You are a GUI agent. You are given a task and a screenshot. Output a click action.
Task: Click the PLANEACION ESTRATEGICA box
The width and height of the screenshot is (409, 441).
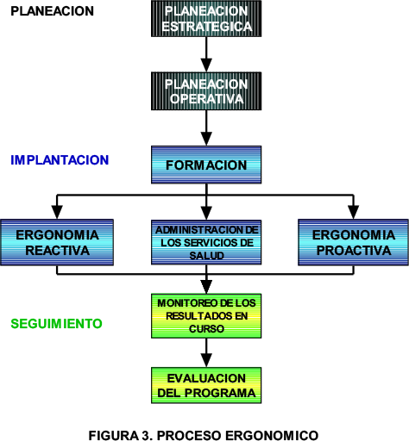pyautogui.click(x=206, y=19)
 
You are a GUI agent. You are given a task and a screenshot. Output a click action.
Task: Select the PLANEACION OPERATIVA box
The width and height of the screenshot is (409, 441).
pyautogui.click(x=206, y=91)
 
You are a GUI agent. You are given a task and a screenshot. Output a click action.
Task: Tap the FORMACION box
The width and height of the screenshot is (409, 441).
pyautogui.click(x=206, y=165)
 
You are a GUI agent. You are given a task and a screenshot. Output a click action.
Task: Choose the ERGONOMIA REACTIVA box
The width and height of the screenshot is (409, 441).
pyautogui.click(x=57, y=242)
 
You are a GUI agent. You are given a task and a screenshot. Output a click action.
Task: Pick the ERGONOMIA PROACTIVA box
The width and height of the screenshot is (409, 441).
pyautogui.click(x=353, y=242)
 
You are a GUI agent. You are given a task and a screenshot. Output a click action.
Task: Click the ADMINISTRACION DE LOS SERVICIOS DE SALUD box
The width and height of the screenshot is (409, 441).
pyautogui.click(x=206, y=242)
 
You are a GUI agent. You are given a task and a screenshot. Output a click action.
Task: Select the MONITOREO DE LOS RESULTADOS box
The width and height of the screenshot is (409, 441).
pyautogui.click(x=206, y=316)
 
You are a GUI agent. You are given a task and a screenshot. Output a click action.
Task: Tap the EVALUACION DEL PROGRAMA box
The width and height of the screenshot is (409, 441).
pyautogui.click(x=206, y=385)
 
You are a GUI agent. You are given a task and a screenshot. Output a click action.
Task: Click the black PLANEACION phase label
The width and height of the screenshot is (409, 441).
pyautogui.click(x=52, y=11)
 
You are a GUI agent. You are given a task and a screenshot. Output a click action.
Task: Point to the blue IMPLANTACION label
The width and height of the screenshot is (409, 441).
pyautogui.click(x=60, y=160)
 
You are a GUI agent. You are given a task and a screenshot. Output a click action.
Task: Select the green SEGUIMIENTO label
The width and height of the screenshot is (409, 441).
pyautogui.click(x=56, y=324)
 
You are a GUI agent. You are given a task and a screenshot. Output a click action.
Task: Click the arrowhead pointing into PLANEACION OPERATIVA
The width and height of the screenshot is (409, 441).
pyautogui.click(x=206, y=65)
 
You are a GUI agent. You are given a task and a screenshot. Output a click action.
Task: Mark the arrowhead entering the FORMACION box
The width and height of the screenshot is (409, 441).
pyautogui.click(x=206, y=139)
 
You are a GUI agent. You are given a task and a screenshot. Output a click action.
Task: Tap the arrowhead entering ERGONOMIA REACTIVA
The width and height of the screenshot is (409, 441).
pyautogui.click(x=57, y=213)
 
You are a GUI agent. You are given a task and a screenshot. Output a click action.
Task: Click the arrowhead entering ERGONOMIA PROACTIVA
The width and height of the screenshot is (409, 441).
pyautogui.click(x=353, y=213)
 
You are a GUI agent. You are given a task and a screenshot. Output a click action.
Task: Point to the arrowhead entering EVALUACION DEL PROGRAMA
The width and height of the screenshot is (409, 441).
pyautogui.click(x=206, y=360)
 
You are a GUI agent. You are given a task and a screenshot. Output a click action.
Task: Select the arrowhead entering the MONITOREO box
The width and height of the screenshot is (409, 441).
pyautogui.click(x=206, y=287)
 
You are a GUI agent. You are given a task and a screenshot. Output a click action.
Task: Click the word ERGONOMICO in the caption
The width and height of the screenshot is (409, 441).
pyautogui.click(x=272, y=435)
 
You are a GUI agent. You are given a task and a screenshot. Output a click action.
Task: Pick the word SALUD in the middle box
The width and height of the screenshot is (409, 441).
pyautogui.click(x=206, y=256)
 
